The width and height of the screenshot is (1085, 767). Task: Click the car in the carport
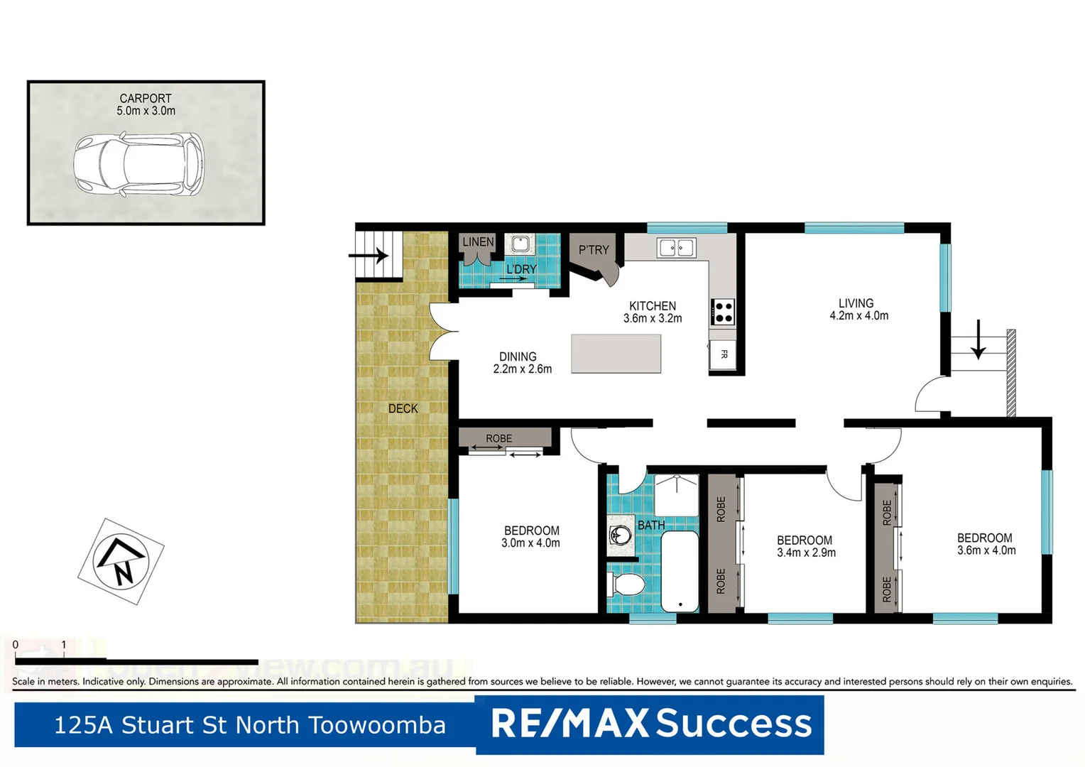[138, 165]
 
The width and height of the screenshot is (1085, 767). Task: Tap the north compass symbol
[121, 561]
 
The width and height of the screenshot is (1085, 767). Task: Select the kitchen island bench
[616, 353]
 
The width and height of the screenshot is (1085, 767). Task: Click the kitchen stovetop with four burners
[723, 312]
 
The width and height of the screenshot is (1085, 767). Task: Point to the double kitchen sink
[675, 248]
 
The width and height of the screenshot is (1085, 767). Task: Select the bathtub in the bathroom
[680, 572]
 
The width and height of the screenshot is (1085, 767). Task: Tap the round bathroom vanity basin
[621, 534]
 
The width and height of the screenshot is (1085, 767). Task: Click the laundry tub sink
[520, 244]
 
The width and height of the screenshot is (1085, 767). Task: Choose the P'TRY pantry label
[594, 250]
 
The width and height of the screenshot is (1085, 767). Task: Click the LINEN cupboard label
[478, 242]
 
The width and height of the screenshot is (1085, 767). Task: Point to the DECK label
[403, 409]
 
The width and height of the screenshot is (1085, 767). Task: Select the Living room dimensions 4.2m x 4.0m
[858, 316]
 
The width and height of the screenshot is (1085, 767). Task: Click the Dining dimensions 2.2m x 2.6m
[522, 369]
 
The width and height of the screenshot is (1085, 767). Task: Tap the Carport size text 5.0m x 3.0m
[146, 111]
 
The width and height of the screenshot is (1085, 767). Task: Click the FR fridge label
[724, 354]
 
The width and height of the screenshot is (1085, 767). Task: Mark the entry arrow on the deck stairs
[369, 254]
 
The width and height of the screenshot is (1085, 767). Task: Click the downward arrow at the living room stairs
[978, 340]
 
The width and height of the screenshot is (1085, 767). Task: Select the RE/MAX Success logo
[650, 724]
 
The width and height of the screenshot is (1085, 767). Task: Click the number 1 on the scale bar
[64, 645]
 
